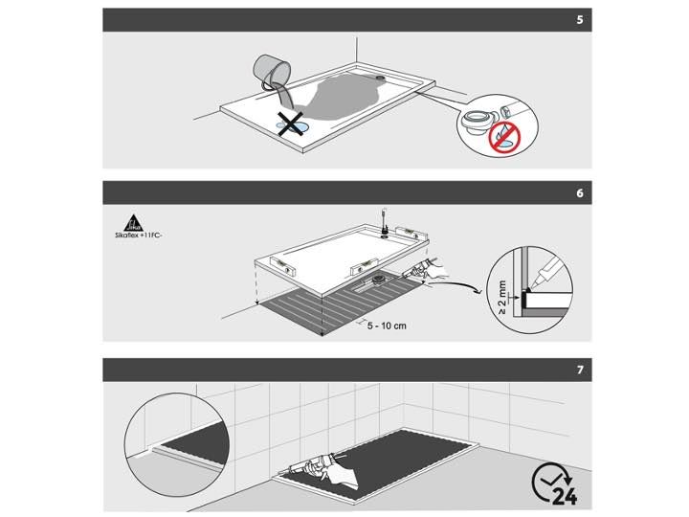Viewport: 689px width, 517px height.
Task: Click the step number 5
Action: [x=580, y=20]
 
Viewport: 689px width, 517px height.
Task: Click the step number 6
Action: [x=580, y=193]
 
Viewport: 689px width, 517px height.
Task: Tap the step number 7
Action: [x=580, y=370]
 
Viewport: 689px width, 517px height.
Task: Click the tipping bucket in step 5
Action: [x=272, y=72]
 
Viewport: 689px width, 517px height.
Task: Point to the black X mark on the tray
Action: [x=290, y=124]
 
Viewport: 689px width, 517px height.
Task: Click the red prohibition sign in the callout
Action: [x=504, y=137]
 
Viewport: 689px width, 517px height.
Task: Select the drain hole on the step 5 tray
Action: [x=380, y=78]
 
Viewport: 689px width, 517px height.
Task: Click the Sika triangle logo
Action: [x=134, y=223]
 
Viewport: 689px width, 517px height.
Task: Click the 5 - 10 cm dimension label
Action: [x=387, y=326]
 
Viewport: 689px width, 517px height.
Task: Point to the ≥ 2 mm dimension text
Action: [x=502, y=298]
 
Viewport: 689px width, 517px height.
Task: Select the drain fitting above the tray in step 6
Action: [x=385, y=222]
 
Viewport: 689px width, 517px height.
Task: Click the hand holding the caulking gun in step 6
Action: [x=437, y=269]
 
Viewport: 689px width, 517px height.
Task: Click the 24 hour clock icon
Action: [x=554, y=483]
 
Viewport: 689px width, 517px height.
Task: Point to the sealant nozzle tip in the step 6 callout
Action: [x=532, y=287]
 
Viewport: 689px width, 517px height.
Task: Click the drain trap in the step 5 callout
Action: [x=478, y=122]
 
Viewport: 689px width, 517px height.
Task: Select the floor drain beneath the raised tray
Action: [x=378, y=279]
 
